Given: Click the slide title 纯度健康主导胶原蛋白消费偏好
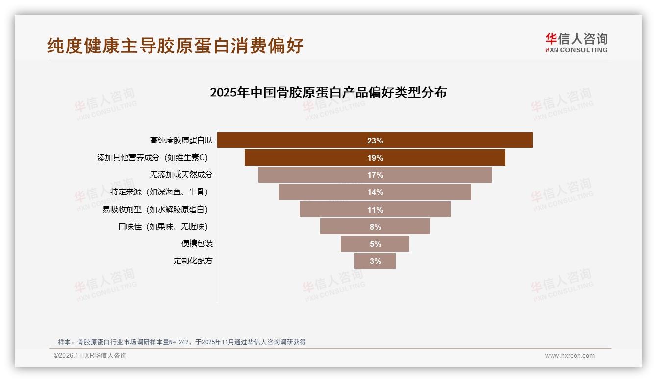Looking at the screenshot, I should pos(175,46).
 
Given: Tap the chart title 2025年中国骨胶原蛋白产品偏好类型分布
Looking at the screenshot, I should pos(328,93).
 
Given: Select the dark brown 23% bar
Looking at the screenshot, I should pos(375,141).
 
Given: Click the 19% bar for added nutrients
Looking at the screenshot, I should pos(375,158).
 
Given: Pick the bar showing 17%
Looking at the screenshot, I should pos(375,175).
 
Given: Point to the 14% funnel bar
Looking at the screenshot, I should pos(375,192).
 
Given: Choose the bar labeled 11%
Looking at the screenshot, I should pos(375,210).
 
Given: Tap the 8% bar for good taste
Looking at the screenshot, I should pos(375,227).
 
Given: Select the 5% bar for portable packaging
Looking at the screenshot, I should pos(375,244).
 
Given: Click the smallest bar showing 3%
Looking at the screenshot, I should pos(375,261).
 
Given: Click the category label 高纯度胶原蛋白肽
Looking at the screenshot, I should pos(181,141).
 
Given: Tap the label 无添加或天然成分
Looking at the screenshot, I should pos(181,175).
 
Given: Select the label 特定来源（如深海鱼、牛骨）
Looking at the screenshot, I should pos(161,192).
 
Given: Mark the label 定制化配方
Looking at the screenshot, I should pos(193,261).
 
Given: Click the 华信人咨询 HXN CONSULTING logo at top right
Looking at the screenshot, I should pos(576,43).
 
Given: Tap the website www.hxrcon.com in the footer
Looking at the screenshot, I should pos(570,356).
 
